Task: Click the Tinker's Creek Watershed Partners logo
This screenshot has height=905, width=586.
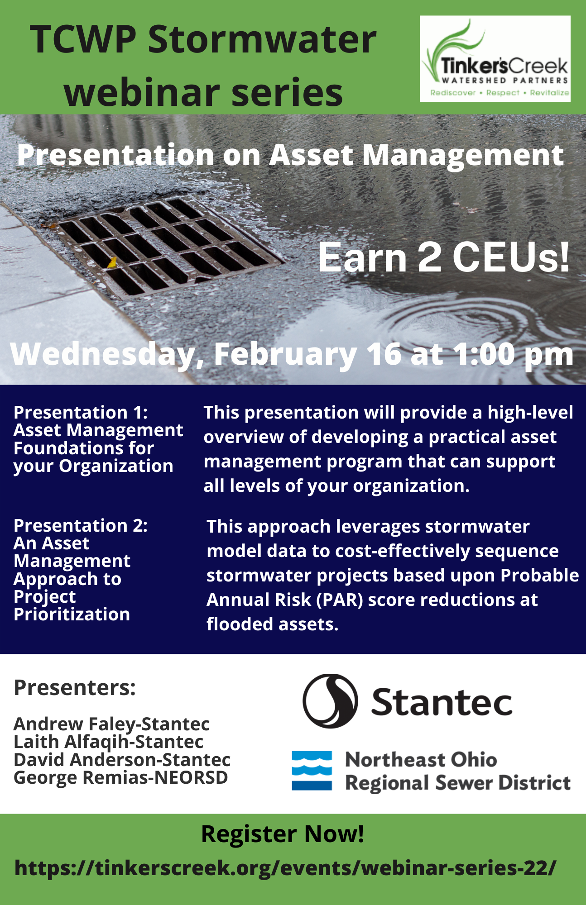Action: click(495, 59)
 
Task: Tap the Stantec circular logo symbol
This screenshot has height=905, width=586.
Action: click(330, 701)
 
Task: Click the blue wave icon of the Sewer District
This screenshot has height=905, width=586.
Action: click(312, 771)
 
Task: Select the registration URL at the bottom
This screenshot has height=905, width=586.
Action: click(285, 867)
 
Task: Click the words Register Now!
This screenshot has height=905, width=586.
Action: click(283, 834)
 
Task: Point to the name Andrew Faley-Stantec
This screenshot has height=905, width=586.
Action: click(112, 724)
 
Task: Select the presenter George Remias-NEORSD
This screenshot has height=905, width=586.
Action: click(121, 777)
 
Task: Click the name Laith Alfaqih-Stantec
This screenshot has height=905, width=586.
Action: click(109, 742)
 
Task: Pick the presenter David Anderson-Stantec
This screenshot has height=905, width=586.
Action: click(122, 760)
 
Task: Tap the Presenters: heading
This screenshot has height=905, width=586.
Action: click(75, 687)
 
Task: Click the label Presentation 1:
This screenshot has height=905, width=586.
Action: click(81, 412)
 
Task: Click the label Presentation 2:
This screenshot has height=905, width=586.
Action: click(81, 525)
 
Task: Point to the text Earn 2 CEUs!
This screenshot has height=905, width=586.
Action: click(444, 257)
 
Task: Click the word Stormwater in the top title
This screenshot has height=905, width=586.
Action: click(262, 39)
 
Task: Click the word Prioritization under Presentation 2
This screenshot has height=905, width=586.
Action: click(72, 614)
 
